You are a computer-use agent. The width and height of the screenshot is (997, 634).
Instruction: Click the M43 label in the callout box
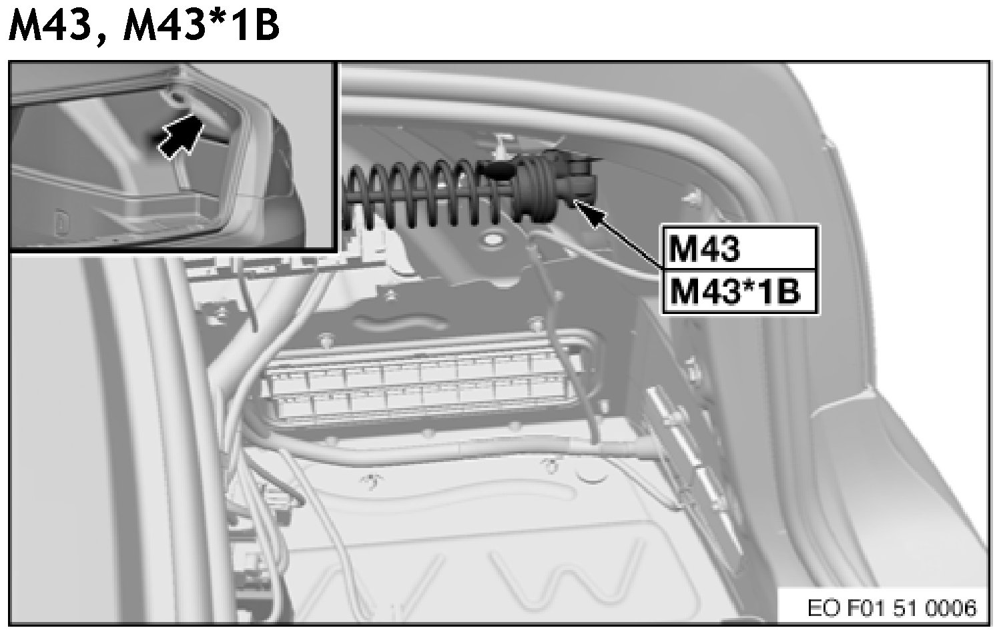[704, 249]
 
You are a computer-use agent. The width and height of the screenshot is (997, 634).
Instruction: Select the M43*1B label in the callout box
[735, 291]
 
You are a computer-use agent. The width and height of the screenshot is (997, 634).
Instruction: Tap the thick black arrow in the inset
[180, 133]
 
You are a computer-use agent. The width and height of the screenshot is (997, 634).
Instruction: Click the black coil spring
[427, 195]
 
